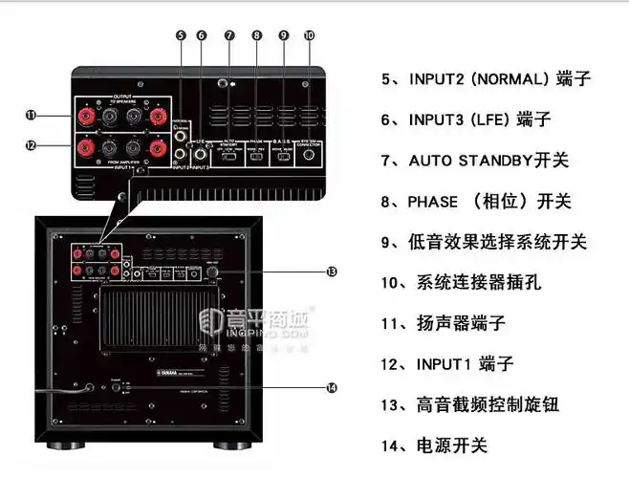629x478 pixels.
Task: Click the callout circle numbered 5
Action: coord(180,35)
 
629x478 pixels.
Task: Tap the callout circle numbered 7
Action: coord(229,35)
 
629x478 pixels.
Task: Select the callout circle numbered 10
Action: coord(309,35)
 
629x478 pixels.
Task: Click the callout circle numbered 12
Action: coord(31,145)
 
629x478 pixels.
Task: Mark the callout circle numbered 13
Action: coord(331,272)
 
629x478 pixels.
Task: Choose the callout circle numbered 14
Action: coord(331,387)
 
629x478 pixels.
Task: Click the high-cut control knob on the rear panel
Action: coord(212,272)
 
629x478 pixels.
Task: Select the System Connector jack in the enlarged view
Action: coord(309,152)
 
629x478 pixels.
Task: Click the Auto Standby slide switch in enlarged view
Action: coord(229,153)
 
